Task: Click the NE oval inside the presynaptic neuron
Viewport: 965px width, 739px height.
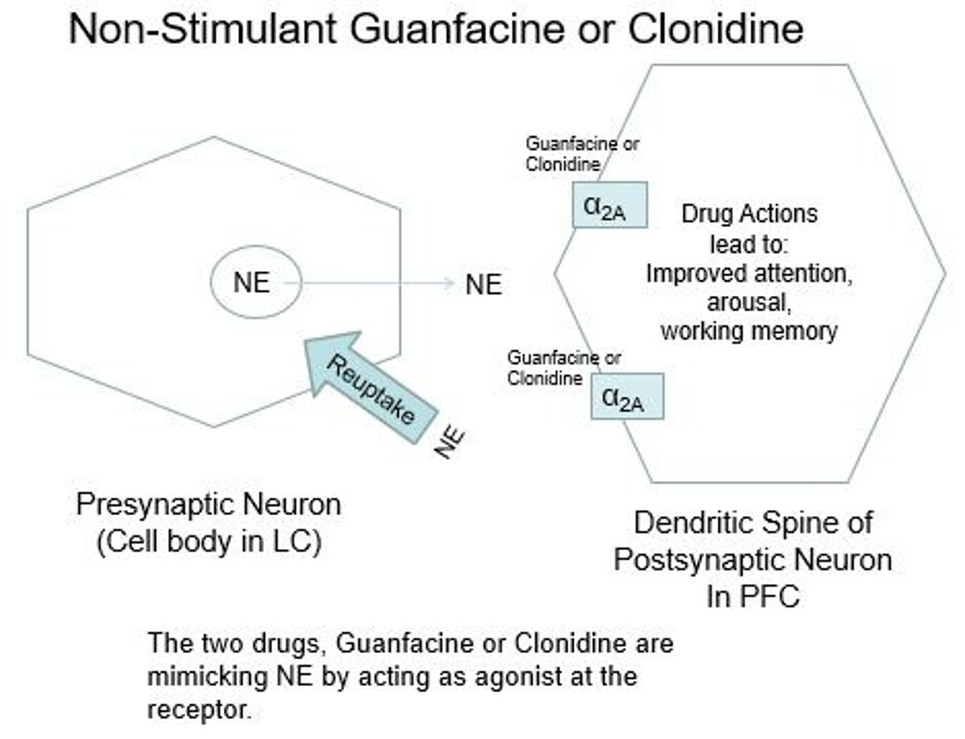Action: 253,282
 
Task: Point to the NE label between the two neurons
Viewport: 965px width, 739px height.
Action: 483,285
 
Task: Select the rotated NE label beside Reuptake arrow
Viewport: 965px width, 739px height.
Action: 450,443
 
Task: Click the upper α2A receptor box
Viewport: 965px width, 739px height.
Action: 609,205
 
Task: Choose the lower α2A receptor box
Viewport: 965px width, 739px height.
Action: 627,397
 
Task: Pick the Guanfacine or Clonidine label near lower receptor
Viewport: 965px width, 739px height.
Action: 563,368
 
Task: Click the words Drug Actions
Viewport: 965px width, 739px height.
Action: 749,214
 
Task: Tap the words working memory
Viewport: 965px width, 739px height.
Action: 749,331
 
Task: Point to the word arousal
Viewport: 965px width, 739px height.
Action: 749,302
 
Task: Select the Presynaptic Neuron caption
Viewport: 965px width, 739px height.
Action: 208,504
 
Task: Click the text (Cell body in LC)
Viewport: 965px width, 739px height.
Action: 208,541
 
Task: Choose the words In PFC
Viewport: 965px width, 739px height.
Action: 753,595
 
